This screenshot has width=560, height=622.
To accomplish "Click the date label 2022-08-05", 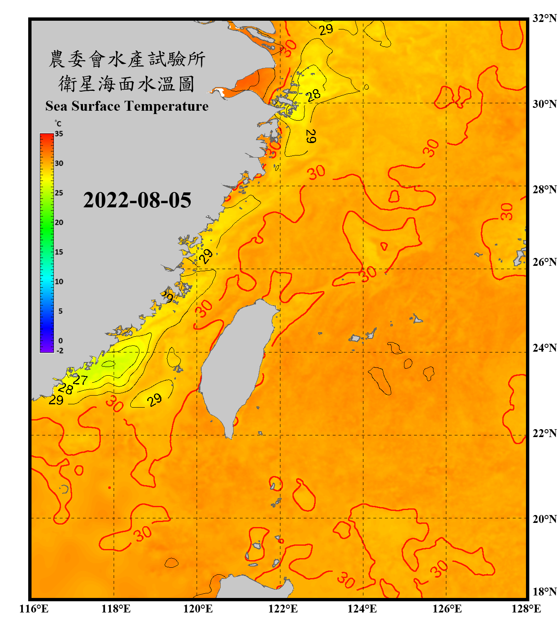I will (x=137, y=200).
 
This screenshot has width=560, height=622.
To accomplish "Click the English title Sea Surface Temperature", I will (x=127, y=106).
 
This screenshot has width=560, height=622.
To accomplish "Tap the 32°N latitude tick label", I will (x=545, y=18).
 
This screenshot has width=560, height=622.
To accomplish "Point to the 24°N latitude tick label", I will (x=545, y=348).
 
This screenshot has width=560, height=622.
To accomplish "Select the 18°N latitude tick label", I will (x=545, y=592).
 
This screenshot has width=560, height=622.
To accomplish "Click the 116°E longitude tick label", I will (x=34, y=609).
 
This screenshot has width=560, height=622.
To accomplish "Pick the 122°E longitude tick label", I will (x=283, y=609).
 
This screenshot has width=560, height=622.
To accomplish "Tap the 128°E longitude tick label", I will (x=526, y=609).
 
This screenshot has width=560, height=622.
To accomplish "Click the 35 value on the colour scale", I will (x=59, y=134).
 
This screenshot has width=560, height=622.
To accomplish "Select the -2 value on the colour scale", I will (x=60, y=351).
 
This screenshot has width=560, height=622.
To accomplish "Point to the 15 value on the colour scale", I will (x=59, y=252).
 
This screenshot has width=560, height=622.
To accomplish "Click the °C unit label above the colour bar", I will (x=58, y=124).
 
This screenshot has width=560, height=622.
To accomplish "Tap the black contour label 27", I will (x=80, y=380).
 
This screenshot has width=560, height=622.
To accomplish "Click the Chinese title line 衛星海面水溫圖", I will (x=127, y=84).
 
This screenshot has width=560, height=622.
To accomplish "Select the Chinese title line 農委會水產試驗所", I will (x=127, y=59).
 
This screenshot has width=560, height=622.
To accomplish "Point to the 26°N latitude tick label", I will (x=545, y=262).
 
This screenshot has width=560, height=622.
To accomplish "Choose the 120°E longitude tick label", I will (x=198, y=609).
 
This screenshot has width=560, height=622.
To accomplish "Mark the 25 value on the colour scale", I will (x=59, y=193).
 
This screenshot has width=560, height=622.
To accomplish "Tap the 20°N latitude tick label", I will (x=545, y=519).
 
